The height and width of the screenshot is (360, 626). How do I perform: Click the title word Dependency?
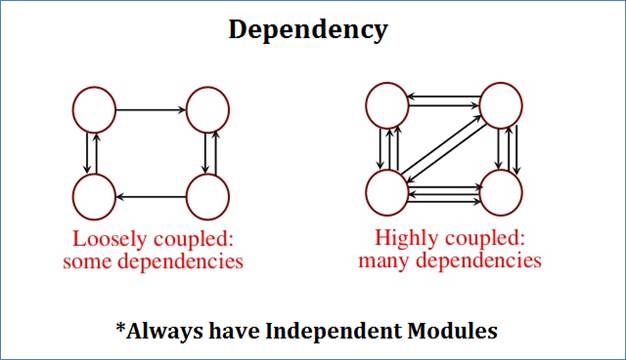[x=307, y=29]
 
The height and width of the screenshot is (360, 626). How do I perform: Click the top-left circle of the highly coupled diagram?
[x=386, y=104]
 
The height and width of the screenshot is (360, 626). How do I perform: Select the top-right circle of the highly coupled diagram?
[x=501, y=104]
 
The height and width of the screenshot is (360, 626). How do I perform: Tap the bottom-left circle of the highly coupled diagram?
[x=386, y=191]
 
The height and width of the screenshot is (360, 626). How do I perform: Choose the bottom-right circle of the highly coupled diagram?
[x=501, y=191]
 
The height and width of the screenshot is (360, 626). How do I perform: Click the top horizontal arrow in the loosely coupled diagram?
[x=151, y=107]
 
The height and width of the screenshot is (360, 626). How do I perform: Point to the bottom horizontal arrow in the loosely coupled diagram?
[x=151, y=194]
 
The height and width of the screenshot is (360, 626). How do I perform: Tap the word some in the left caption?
[x=90, y=262]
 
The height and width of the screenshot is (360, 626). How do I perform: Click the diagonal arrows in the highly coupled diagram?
[x=443, y=148]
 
